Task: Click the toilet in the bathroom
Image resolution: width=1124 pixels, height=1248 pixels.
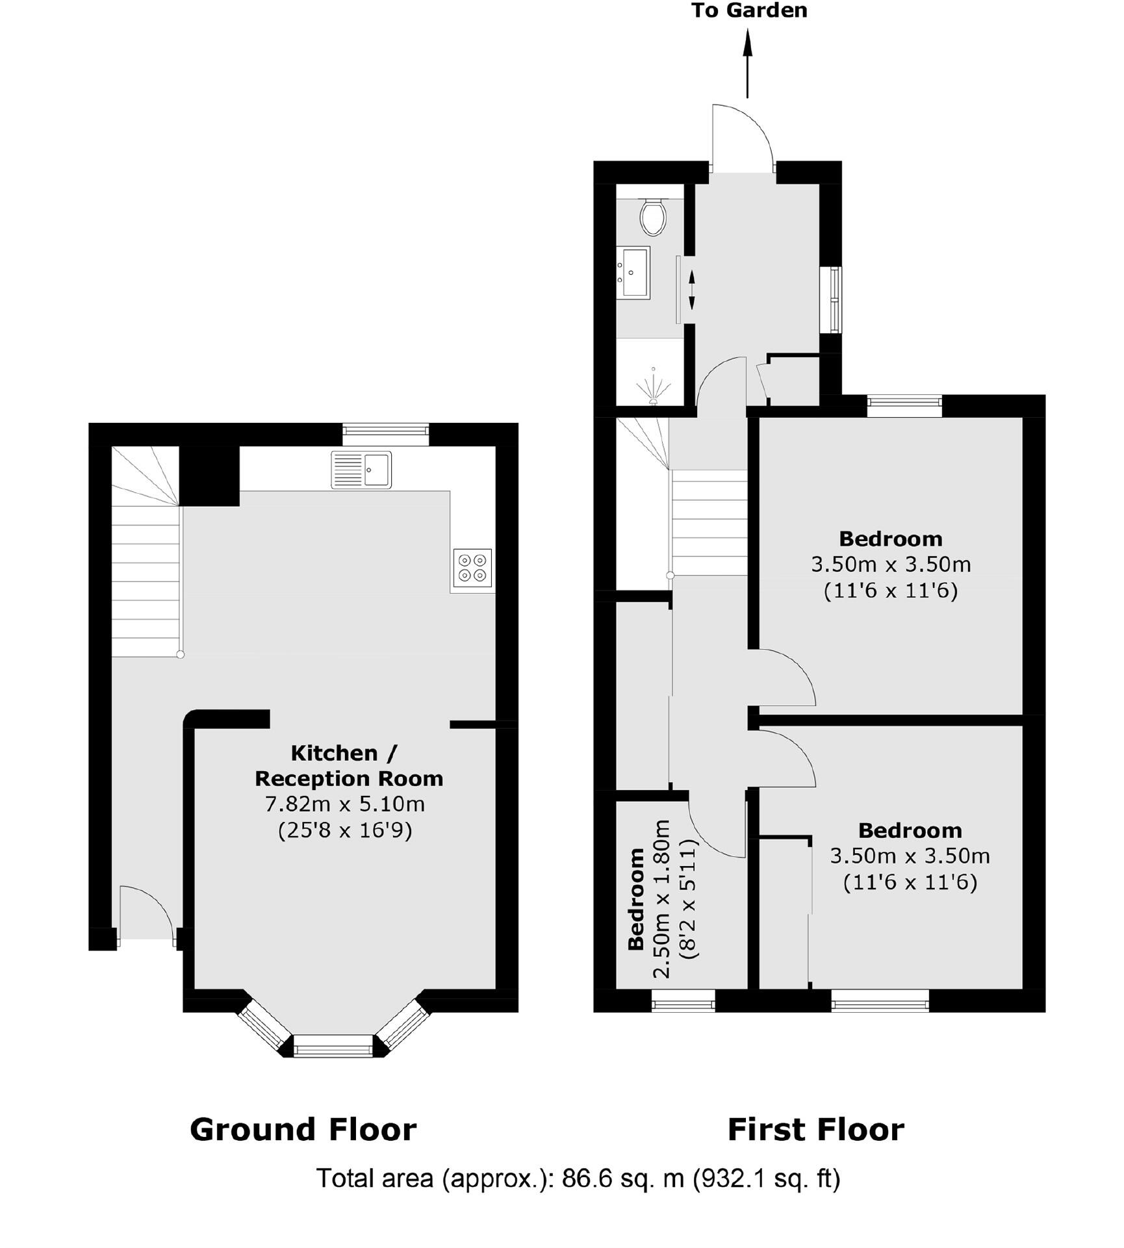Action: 652,216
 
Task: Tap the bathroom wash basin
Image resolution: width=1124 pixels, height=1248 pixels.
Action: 633,272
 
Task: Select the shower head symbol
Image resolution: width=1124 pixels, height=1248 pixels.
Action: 653,387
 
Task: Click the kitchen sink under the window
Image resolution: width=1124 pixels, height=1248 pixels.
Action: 361,469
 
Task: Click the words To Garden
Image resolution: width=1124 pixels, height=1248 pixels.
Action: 748,10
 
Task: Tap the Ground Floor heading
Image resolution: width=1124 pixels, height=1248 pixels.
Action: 303,1129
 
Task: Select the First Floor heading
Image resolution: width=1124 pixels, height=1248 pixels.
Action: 815,1129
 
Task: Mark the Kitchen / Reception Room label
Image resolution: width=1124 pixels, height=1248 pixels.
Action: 348,765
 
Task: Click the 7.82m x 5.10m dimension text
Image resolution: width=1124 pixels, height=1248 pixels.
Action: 344,804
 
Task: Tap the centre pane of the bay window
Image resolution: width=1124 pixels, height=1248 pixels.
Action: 333,1045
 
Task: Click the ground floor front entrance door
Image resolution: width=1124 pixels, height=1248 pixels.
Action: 146,913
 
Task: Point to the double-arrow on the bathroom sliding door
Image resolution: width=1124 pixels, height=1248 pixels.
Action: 691,290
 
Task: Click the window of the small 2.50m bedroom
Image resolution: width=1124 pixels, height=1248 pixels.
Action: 683,1000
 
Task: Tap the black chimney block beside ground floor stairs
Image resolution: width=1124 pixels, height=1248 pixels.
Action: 209,476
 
